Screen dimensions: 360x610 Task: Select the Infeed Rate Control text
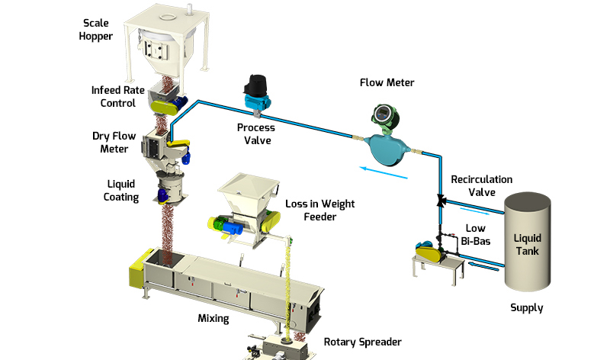pos(114,97)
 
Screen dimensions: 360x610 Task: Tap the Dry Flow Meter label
pos(114,143)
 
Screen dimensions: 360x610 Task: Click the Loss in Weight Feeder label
pos(310,211)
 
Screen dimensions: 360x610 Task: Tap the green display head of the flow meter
pos(380,115)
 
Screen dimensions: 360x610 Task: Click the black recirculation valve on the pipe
pos(441,201)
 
